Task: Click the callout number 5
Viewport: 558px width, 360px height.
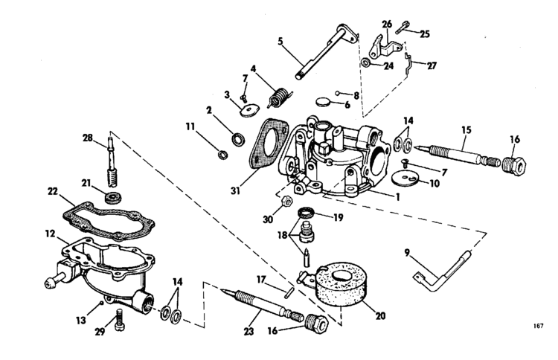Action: (x=280, y=42)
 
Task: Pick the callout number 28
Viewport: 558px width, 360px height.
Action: (x=88, y=138)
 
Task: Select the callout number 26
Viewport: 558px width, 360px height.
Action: (x=386, y=24)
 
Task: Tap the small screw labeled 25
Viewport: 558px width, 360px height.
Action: (x=400, y=30)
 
